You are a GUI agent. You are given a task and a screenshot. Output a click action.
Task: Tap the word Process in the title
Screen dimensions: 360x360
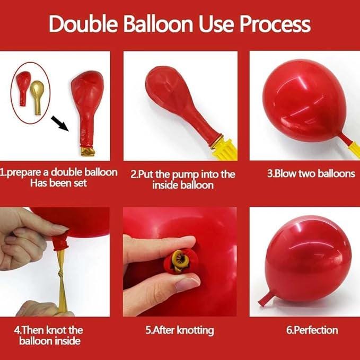pyautogui.click(x=275, y=24)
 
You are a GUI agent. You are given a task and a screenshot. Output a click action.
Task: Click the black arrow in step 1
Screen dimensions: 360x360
pyautogui.click(x=60, y=124)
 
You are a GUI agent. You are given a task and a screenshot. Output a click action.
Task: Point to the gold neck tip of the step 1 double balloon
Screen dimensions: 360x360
pyautogui.click(x=88, y=152)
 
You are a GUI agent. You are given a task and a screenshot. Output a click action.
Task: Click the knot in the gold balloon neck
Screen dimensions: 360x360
pyautogui.click(x=60, y=274)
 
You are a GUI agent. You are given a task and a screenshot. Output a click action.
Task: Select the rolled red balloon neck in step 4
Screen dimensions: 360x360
pyautogui.click(x=61, y=242)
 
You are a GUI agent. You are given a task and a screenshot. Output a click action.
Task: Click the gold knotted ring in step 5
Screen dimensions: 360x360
pyautogui.click(x=181, y=261)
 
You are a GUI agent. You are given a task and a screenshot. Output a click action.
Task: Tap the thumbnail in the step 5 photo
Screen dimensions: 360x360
pyautogui.click(x=187, y=284)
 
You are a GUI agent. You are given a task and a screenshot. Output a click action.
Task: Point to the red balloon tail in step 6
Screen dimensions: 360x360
pyautogui.click(x=266, y=298)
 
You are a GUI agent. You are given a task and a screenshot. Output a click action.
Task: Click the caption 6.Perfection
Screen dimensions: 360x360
pyautogui.click(x=312, y=330)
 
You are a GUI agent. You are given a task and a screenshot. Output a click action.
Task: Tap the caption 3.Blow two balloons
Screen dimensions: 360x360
pyautogui.click(x=311, y=173)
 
